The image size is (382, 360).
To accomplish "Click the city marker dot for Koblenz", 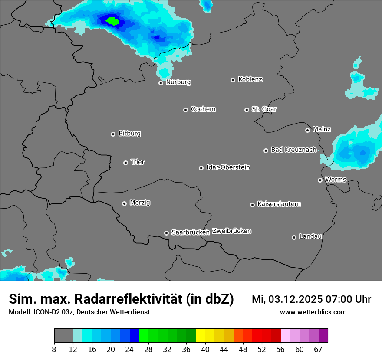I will coord(233,80).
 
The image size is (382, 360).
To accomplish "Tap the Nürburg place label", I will coord(178,82).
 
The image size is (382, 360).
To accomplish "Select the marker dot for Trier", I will coord(125,163).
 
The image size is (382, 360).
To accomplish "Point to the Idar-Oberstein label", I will coord(228,167).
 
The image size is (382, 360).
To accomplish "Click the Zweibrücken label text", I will coord(231,231).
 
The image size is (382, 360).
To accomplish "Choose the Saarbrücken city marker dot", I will coord(166,233).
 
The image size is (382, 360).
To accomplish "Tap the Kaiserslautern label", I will coord(279,204).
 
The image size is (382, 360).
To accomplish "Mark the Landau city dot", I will coord(294,237).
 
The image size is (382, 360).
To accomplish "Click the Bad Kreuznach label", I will coord(293,150).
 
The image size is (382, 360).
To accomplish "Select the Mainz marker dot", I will coord(307,130).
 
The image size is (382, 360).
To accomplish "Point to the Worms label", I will coord(336,180).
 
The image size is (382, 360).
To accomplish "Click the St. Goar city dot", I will coord(247,110).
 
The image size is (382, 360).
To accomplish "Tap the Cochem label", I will coord(203,109).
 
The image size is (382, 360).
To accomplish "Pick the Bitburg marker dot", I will coord(113,134).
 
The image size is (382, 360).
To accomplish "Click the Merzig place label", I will coord(140,203).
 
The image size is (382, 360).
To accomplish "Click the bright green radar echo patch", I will coord(112,20).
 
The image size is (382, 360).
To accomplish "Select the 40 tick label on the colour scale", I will coord(205,350).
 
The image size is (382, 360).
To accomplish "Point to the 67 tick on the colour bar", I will coord(318,350).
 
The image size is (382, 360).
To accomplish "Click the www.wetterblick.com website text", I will coord(313,312).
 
